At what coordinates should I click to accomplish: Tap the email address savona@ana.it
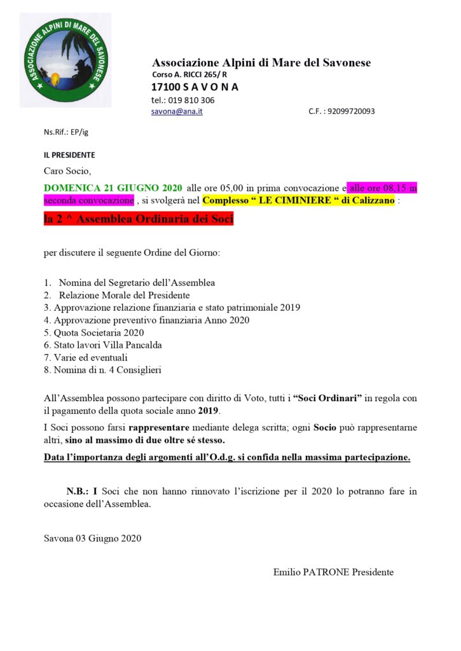click(x=177, y=111)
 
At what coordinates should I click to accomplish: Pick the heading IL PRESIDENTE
click(x=69, y=154)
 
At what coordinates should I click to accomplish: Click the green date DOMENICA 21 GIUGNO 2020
click(x=113, y=188)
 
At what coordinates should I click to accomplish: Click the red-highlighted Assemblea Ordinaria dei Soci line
click(x=139, y=220)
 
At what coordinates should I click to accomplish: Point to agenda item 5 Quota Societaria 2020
click(x=94, y=332)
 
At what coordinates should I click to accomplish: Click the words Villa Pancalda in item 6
click(x=135, y=345)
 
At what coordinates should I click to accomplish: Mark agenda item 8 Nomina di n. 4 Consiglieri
click(x=102, y=370)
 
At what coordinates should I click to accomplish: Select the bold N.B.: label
click(x=78, y=491)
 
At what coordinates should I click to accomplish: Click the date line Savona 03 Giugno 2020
click(x=93, y=538)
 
